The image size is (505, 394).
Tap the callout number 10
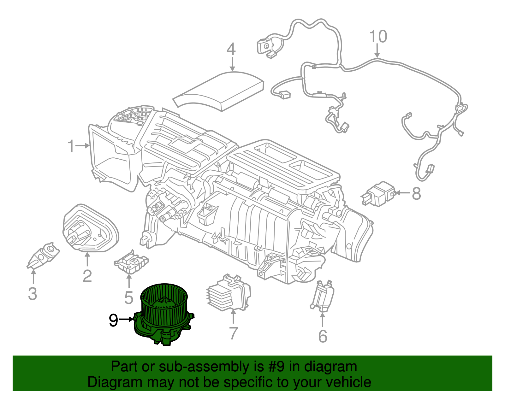[378, 37]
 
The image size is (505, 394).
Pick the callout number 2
[87, 276]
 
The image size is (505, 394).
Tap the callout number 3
[33, 294]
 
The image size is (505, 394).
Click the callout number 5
[128, 297]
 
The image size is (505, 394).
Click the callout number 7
[233, 333]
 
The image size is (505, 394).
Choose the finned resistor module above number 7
[229, 293]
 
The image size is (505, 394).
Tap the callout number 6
[323, 336]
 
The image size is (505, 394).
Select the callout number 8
[416, 193]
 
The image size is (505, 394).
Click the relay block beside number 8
[378, 194]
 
